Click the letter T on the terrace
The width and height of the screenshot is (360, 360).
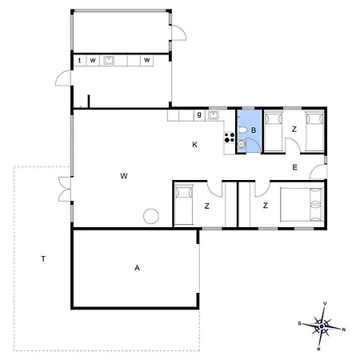pyautogui.click(x=43, y=258)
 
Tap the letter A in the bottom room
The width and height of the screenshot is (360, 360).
pyautogui.click(x=137, y=269)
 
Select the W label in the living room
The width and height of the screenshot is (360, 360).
pyautogui.click(x=124, y=175)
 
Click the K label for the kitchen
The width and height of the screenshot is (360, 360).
pyautogui.click(x=194, y=145)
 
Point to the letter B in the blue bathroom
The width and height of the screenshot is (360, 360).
pyautogui.click(x=253, y=130)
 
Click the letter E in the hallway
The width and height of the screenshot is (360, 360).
pyautogui.click(x=294, y=167)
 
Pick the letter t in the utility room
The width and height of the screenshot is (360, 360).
pyautogui.click(x=81, y=60)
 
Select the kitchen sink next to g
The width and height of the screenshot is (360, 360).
pyautogui.click(x=214, y=116)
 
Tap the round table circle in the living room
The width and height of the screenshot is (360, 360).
pyautogui.click(x=150, y=215)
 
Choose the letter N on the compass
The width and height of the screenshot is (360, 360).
pyautogui.click(x=344, y=329)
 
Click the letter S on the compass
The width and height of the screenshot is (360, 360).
pyautogui.click(x=298, y=323)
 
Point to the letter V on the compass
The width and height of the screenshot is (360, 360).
pyautogui.click(x=324, y=303)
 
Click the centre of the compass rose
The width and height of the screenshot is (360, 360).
pyautogui.click(x=321, y=326)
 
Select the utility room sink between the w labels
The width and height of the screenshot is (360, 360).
pyautogui.click(x=110, y=60)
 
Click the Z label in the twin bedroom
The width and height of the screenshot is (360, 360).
pyautogui.click(x=294, y=129)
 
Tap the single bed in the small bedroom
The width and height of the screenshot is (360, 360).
pyautogui.click(x=185, y=204)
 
